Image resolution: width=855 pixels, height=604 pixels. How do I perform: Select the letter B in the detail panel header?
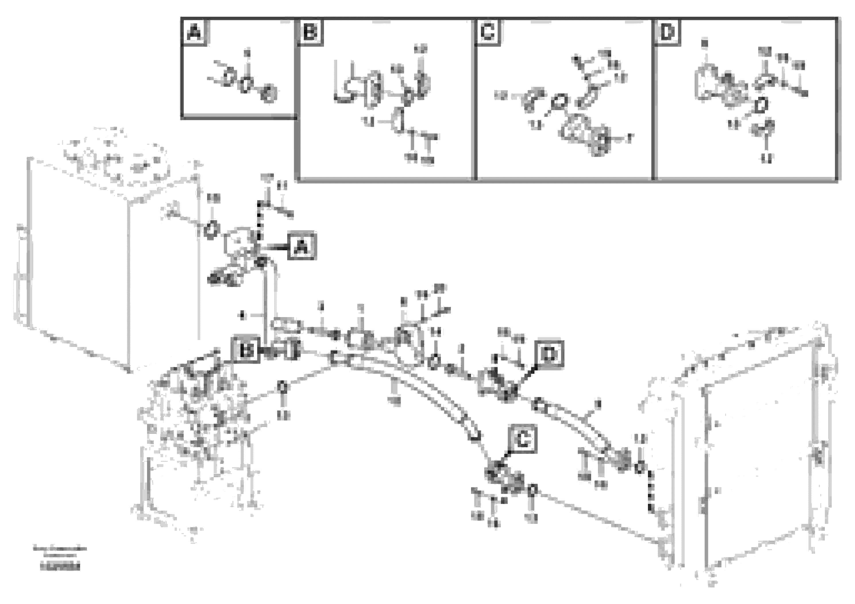310,32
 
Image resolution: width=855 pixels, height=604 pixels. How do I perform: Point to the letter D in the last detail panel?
667,32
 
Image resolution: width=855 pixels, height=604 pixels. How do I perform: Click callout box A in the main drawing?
302,246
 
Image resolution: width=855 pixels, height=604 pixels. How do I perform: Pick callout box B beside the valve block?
245,350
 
